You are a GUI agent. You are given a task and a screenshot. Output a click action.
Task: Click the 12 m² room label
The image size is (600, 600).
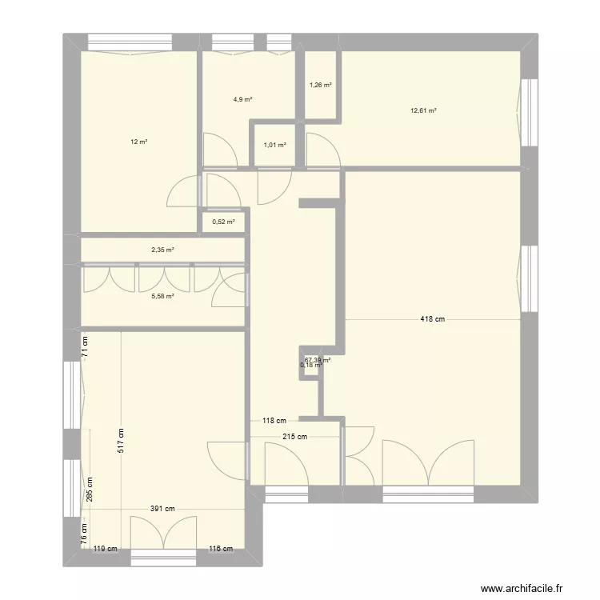point(139,142)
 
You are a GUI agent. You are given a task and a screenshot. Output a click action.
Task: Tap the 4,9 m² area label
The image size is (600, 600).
point(242,100)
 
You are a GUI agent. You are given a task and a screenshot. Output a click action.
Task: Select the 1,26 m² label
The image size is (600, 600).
point(320,84)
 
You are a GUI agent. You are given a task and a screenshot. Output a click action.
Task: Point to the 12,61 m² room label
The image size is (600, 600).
point(423,111)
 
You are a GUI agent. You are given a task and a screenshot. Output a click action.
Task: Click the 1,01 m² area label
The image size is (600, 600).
point(274,146)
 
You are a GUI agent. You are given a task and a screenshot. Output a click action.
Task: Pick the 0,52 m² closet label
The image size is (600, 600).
point(223,222)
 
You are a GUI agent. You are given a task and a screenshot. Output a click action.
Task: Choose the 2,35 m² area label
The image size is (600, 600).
point(162,250)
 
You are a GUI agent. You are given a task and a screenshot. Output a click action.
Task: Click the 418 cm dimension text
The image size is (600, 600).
point(433,319)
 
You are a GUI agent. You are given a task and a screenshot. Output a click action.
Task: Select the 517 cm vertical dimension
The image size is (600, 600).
point(122,439)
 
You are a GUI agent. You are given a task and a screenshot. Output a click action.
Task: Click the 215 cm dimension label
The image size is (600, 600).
point(294,437)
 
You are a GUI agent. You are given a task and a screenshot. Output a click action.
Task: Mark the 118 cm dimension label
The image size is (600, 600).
point(274,420)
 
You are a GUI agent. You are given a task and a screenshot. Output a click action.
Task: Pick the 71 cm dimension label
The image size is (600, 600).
point(86,346)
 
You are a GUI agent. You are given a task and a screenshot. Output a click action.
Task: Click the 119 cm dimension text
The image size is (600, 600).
point(105,549)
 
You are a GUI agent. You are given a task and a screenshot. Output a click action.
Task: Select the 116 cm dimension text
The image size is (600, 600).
point(220,549)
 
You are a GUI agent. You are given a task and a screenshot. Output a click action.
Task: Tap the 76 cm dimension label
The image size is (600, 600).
point(86,531)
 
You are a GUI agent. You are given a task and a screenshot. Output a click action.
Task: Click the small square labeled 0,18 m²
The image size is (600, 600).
point(311,366)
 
